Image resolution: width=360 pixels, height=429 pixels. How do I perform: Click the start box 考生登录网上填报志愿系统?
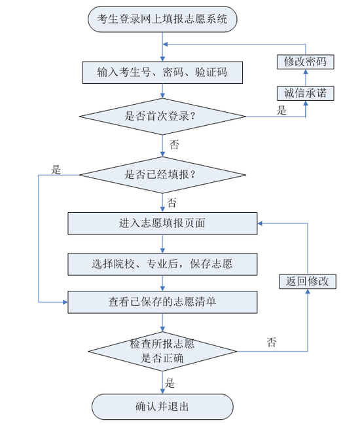(162, 19)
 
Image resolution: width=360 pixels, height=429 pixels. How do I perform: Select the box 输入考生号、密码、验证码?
(162, 72)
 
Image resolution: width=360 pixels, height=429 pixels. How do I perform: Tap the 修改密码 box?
(305, 62)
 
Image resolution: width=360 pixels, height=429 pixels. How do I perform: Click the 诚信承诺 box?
(305, 93)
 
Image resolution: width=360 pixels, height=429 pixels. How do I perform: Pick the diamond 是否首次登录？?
(162, 118)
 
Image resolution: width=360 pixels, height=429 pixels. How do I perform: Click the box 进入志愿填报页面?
(162, 223)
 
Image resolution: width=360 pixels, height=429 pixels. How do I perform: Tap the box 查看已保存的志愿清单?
(162, 302)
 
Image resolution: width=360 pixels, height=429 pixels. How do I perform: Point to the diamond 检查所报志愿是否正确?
(162, 351)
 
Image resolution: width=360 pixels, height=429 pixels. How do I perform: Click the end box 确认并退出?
(162, 407)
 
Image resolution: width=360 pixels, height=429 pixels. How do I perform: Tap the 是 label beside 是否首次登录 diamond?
(281, 111)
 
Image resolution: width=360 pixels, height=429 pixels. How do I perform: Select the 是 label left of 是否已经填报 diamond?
(56, 170)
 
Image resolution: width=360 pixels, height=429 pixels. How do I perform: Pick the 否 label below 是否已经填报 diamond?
(171, 202)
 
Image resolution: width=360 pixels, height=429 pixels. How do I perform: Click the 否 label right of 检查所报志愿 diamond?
(272, 342)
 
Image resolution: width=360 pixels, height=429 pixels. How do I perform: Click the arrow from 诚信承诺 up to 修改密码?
(305, 77)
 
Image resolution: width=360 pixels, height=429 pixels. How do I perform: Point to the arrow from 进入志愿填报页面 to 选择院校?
(162, 244)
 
